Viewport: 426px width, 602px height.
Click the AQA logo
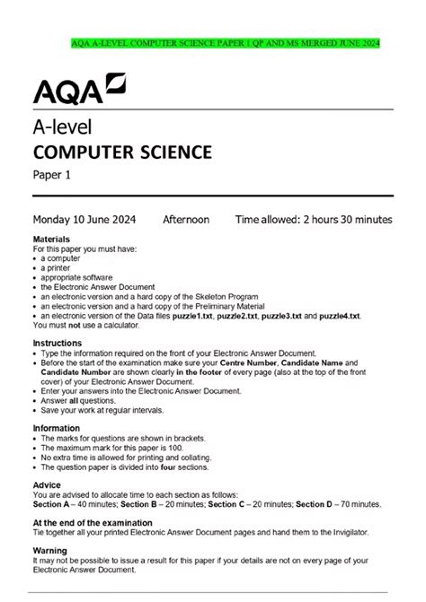[x=79, y=90]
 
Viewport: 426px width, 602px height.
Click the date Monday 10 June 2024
[x=89, y=219]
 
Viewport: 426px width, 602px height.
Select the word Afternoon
[x=186, y=219]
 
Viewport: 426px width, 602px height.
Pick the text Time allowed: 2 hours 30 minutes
[x=314, y=219]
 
